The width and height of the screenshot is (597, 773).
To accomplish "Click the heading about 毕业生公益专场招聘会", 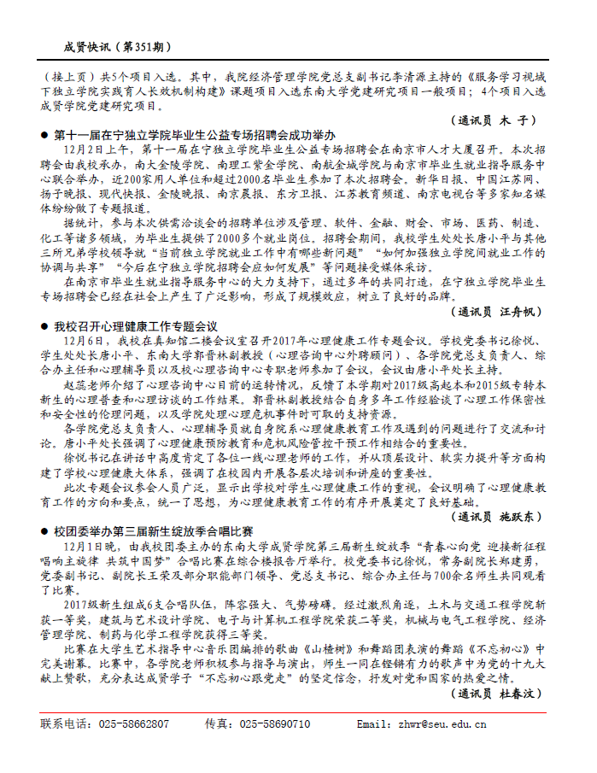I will tap(194, 135).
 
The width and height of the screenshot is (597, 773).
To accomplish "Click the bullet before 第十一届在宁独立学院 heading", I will tap(45, 135).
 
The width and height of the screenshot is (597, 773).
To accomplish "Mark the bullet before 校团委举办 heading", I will tap(45, 530).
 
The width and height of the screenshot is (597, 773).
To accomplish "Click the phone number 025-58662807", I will tap(135, 724).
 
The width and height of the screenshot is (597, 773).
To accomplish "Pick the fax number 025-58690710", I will tap(275, 724).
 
